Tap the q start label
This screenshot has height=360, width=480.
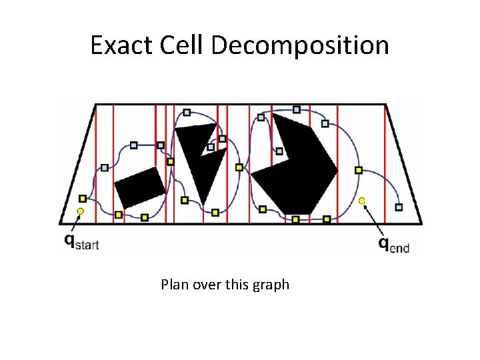click(81, 241)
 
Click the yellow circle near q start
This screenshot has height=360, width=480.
click(80, 211)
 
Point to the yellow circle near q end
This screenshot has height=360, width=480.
click(362, 201)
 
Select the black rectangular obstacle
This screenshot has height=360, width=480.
click(139, 187)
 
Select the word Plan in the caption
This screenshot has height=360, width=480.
click(175, 285)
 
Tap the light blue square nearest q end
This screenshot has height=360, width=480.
click(399, 207)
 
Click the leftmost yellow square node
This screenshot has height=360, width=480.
click(83, 198)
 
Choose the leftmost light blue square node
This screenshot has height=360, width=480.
click(105, 167)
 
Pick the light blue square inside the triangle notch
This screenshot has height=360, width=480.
click(211, 147)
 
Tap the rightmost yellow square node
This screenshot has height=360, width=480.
click(358, 170)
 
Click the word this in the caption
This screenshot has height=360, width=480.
click(238, 285)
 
